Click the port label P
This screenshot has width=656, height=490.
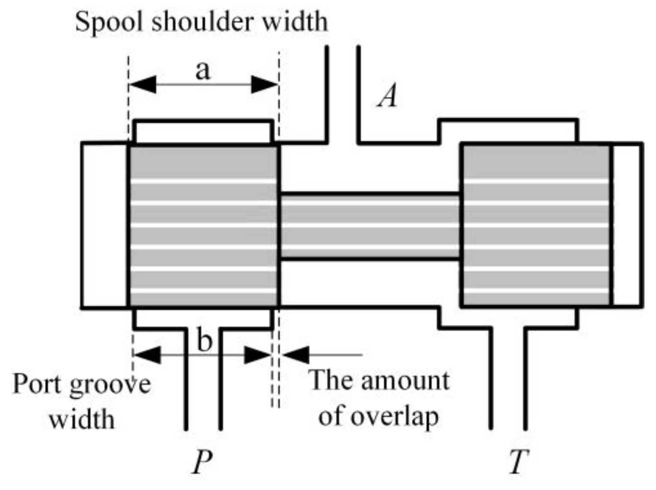pos(202,462)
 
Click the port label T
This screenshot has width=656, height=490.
pos(519,462)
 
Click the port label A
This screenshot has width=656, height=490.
pos(388,95)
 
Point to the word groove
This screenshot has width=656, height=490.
pos(110,385)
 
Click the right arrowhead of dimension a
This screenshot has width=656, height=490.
pos(265,84)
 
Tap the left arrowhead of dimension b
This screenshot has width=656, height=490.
pos(147,355)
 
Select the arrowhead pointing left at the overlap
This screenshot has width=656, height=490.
pos(295,355)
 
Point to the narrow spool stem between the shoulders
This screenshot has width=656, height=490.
pos(370,226)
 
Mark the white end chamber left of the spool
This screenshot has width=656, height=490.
pos(104,225)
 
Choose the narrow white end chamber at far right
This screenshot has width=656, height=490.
pos(627,225)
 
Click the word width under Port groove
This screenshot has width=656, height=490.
pos(81,419)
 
